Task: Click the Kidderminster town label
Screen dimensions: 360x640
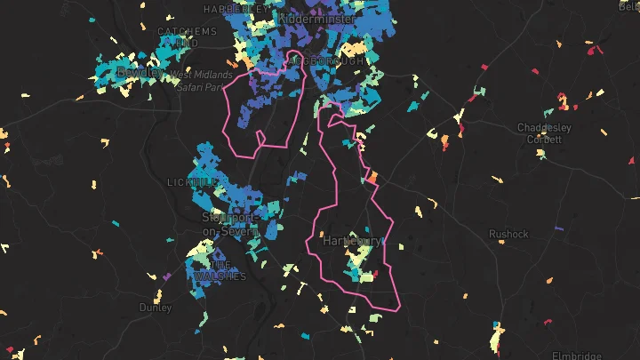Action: coord(317,18)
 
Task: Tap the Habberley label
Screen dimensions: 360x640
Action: coord(236,7)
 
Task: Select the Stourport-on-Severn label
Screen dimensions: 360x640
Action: coord(229,224)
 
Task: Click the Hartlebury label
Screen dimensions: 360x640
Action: coord(353,241)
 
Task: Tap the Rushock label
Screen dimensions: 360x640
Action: coord(508,234)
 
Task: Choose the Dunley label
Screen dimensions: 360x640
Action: coord(156,308)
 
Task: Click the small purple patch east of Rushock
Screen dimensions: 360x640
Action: coord(559,229)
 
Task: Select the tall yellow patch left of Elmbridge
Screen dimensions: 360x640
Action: coord(496,339)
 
